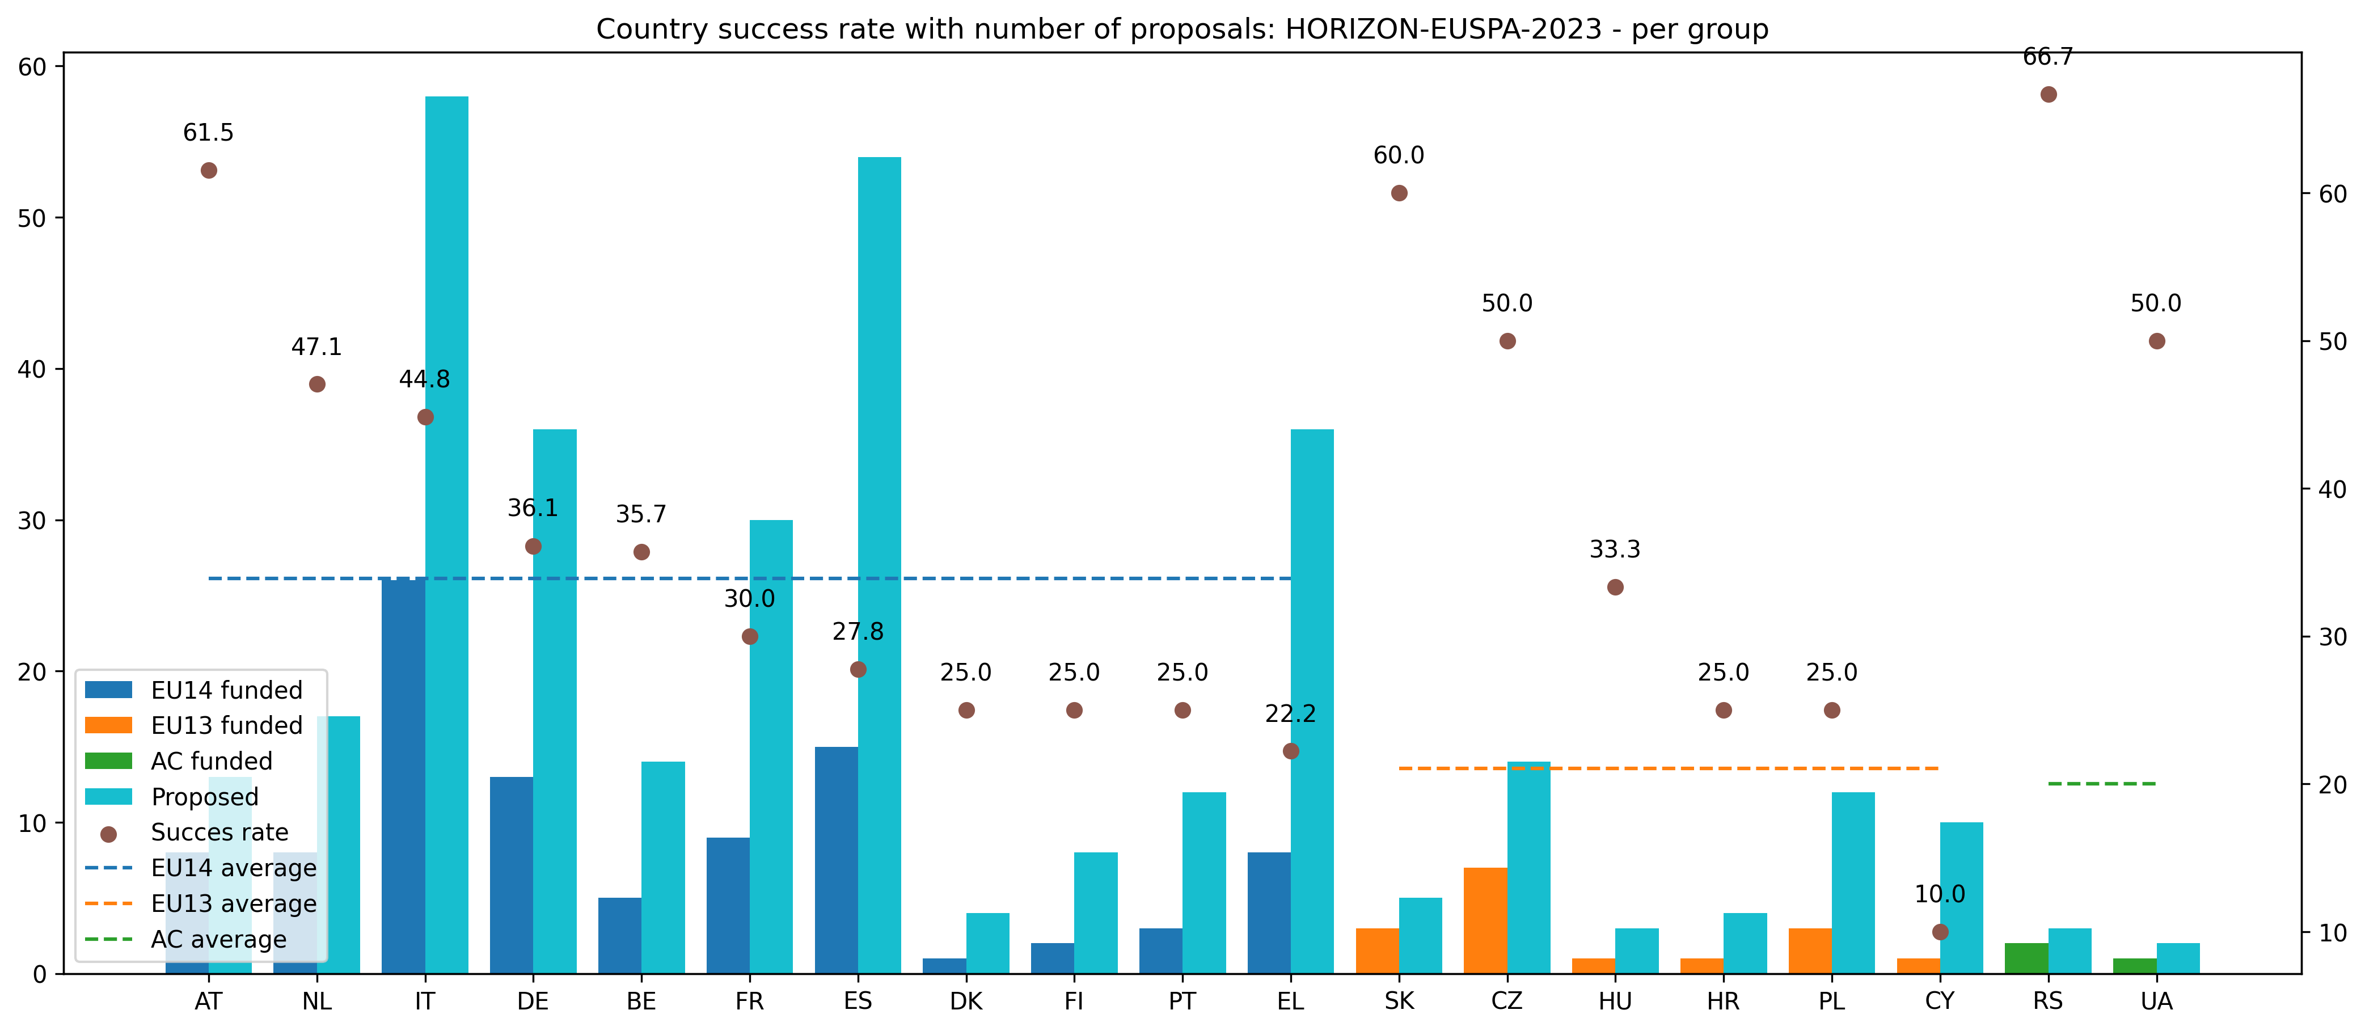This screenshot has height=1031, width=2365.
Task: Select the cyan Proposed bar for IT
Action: (x=447, y=533)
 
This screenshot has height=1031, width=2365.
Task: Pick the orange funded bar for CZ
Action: (x=1485, y=920)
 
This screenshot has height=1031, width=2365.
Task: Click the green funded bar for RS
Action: (x=2026, y=957)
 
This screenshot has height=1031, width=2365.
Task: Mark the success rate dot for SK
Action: (x=1399, y=193)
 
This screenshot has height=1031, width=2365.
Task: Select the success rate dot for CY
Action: (x=1940, y=932)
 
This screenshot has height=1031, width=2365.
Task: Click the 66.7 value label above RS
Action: (x=2049, y=57)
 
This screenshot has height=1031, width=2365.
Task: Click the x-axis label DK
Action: (x=966, y=1002)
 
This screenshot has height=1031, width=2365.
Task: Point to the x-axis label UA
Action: (x=2157, y=1002)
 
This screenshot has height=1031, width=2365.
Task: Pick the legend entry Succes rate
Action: (x=219, y=832)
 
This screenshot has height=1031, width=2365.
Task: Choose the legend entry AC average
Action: (x=218, y=939)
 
